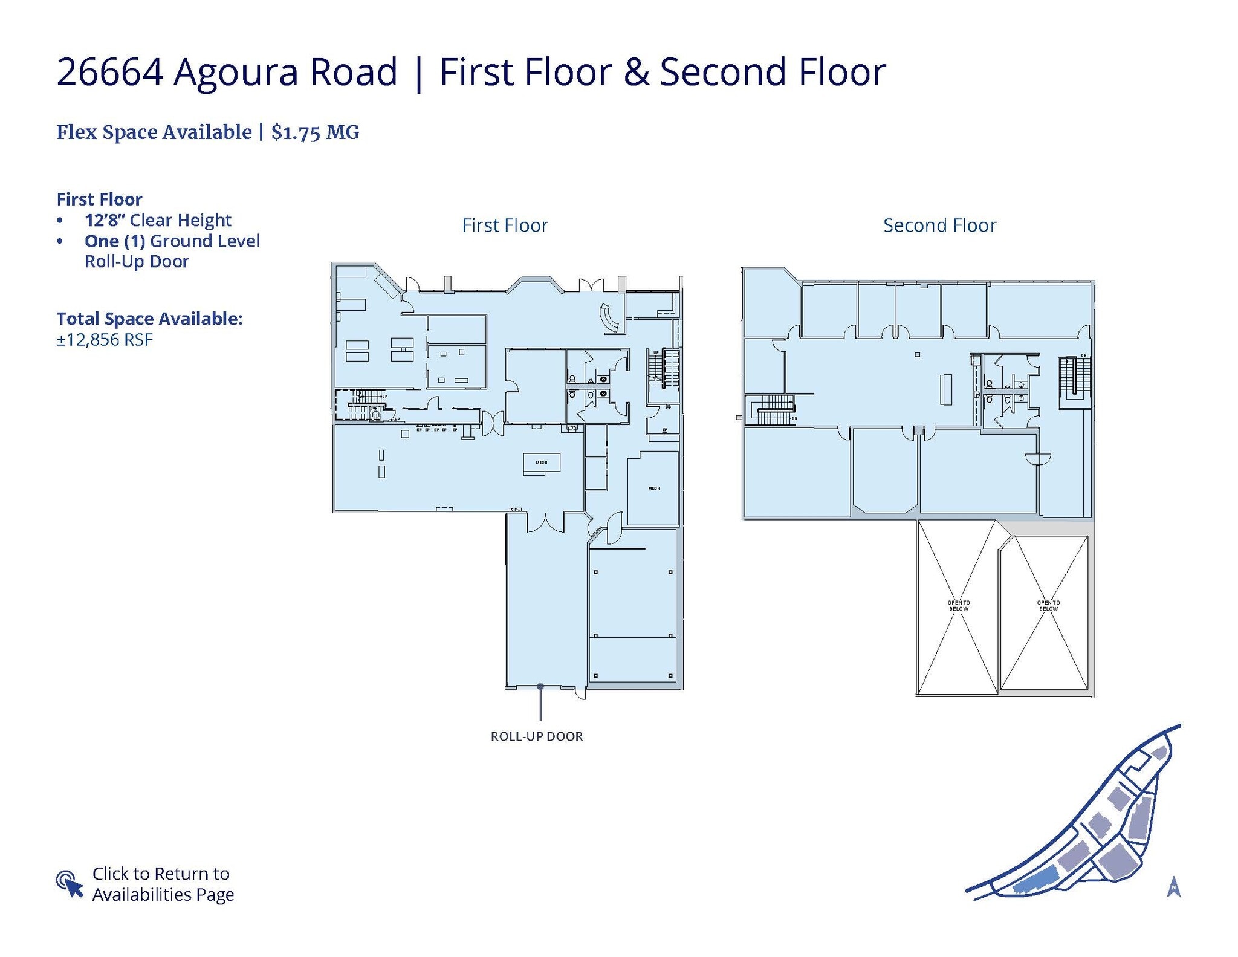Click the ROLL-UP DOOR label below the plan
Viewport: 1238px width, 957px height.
point(536,736)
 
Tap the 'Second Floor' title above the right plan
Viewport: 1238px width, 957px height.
point(939,225)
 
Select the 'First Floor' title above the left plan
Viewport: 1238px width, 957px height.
point(505,225)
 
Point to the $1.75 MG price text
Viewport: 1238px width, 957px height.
point(315,132)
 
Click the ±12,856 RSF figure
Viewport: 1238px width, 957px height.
point(105,340)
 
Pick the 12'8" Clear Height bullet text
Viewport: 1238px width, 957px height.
point(158,220)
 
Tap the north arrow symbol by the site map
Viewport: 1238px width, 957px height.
point(1173,886)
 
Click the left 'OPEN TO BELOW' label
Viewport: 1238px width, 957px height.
point(958,605)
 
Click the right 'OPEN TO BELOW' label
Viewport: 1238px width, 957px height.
point(1048,605)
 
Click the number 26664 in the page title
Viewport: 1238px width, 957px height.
point(109,71)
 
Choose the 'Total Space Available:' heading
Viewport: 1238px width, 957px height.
point(149,319)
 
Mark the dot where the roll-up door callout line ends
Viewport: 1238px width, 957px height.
point(540,686)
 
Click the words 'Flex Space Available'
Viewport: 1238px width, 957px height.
point(154,132)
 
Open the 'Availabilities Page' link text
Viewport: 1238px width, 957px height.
point(163,894)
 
